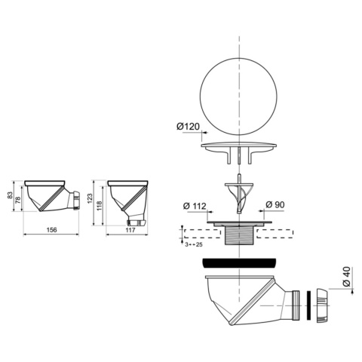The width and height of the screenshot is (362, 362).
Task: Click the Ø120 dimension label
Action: (x=188, y=126)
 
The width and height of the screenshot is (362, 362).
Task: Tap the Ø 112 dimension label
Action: (x=195, y=206)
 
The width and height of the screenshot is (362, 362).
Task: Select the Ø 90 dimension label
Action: (x=275, y=204)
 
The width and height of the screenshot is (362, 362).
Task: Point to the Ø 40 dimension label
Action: (x=346, y=277)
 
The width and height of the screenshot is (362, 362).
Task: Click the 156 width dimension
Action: (x=52, y=229)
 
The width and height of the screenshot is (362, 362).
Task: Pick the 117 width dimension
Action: (x=130, y=230)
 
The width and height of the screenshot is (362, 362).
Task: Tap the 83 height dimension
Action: (x=10, y=195)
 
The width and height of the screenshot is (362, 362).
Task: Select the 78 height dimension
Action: (x=18, y=200)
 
